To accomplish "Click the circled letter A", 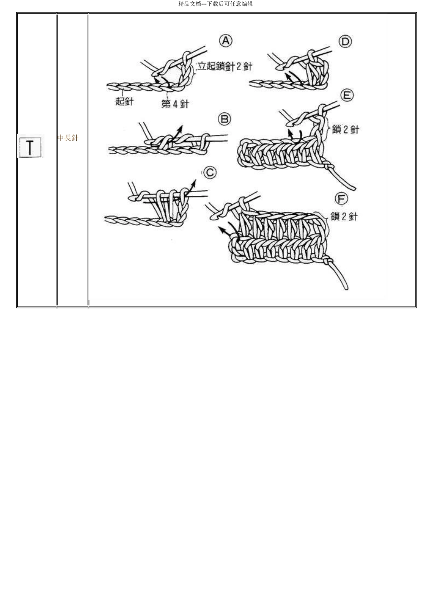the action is tap(226, 41).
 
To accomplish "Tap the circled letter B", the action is tap(225, 119).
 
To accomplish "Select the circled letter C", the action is tap(210, 173).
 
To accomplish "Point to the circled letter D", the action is tap(345, 42).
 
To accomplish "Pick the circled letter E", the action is tap(347, 96).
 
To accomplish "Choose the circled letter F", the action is tap(341, 199).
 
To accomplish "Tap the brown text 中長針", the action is tap(68, 138).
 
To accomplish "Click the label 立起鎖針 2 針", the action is tap(225, 66).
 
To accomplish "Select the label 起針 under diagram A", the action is tap(124, 101).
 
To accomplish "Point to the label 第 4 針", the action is tap(175, 104).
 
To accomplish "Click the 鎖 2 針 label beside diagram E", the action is tap(346, 129).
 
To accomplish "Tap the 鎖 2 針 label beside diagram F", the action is tap(344, 217).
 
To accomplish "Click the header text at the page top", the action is tap(215, 4).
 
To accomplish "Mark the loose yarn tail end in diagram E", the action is tap(354, 188).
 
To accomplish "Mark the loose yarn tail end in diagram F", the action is tap(346, 288).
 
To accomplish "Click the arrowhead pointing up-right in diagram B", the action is tap(181, 127).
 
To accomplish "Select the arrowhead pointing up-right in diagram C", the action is tap(194, 181).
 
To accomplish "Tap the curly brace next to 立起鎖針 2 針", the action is tap(194, 71).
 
